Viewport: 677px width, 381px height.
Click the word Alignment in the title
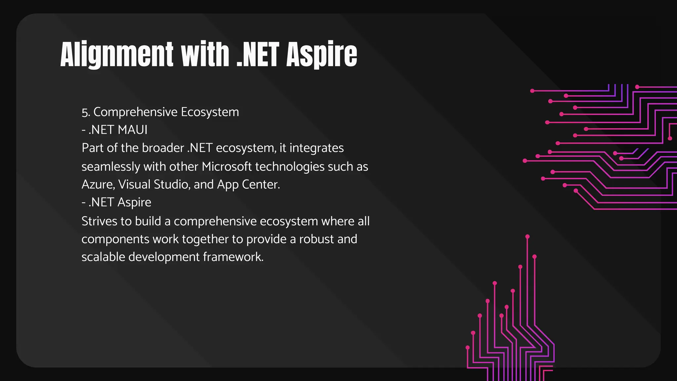(x=117, y=55)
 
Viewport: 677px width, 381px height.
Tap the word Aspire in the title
(x=322, y=55)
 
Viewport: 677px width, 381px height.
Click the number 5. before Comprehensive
(x=86, y=112)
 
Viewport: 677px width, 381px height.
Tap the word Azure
(x=98, y=184)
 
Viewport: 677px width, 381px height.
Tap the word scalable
(x=103, y=257)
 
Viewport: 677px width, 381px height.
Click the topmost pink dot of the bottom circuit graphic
(x=527, y=236)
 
